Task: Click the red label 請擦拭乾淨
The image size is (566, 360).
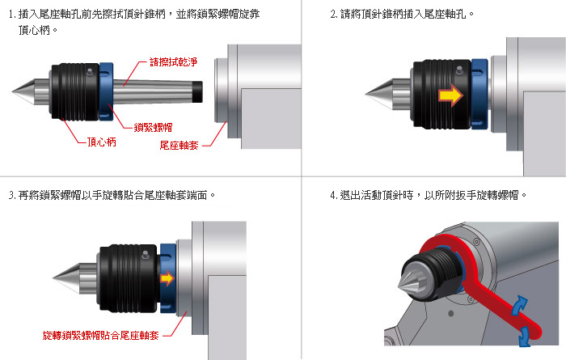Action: tap(174, 62)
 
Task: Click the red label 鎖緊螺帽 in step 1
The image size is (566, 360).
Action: tap(153, 128)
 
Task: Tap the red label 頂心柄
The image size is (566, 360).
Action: tap(102, 142)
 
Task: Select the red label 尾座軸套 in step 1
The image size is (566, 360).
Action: tap(179, 145)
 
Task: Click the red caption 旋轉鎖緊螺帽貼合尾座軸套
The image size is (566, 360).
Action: tap(101, 336)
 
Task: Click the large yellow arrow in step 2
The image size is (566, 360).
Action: tap(450, 95)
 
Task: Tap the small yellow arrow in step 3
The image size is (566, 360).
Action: tap(167, 278)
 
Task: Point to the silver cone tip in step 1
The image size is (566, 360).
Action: tap(12, 92)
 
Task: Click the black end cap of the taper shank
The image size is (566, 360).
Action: tap(197, 92)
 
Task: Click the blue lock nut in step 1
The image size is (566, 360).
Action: tap(106, 91)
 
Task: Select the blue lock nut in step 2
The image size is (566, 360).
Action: tap(479, 94)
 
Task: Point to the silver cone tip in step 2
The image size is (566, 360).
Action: tap(365, 95)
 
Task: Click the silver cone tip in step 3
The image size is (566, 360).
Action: tap(53, 278)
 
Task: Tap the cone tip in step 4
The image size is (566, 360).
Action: tap(399, 286)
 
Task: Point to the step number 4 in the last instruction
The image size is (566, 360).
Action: tap(333, 195)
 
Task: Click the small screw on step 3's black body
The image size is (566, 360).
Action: tap(145, 254)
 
